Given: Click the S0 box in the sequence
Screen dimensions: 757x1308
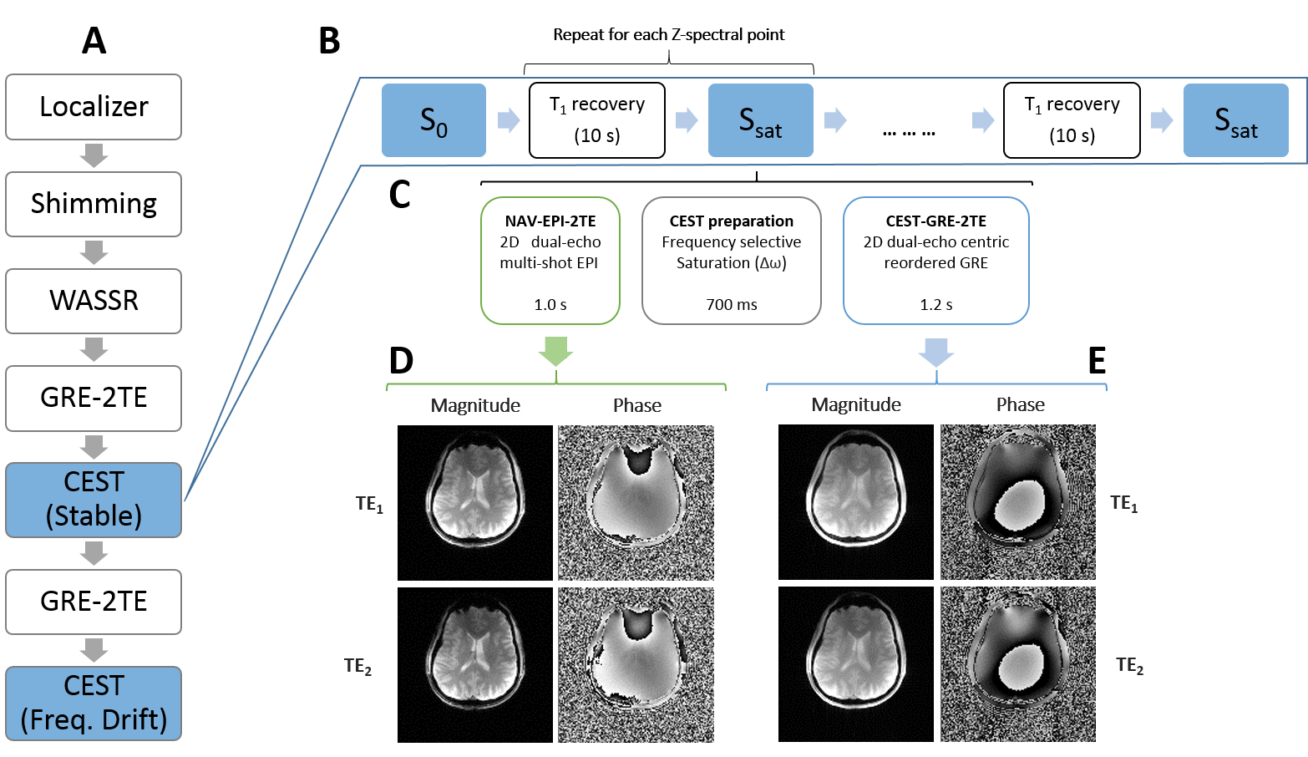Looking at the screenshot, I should point(433,120).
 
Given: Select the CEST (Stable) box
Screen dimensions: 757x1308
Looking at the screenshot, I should point(94,500).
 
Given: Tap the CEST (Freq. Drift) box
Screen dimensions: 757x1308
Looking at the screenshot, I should point(94,703).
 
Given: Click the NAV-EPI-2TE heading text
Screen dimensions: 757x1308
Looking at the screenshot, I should point(550,221).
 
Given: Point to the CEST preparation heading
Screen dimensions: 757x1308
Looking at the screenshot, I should point(732,221).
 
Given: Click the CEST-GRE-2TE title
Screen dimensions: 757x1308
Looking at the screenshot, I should point(936,221).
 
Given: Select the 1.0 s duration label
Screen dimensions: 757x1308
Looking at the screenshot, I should point(550,305).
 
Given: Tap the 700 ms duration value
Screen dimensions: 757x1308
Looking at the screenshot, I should point(732,305).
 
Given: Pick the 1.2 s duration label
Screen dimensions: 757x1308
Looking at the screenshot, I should point(936,305).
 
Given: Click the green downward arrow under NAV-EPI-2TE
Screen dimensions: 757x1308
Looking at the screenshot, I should point(555,352).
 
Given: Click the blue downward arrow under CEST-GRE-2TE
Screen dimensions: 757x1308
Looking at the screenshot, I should point(936,352).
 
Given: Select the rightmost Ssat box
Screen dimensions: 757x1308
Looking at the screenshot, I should point(1236,120).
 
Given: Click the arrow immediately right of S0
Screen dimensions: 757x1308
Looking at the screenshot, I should point(509,120).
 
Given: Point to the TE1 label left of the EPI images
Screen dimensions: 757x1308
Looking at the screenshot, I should point(369,504).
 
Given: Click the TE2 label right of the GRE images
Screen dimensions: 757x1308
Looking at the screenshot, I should point(1129,665).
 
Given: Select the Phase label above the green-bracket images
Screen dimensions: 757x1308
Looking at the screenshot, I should point(637,406).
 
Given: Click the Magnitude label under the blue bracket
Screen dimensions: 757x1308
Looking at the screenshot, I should point(856,405).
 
